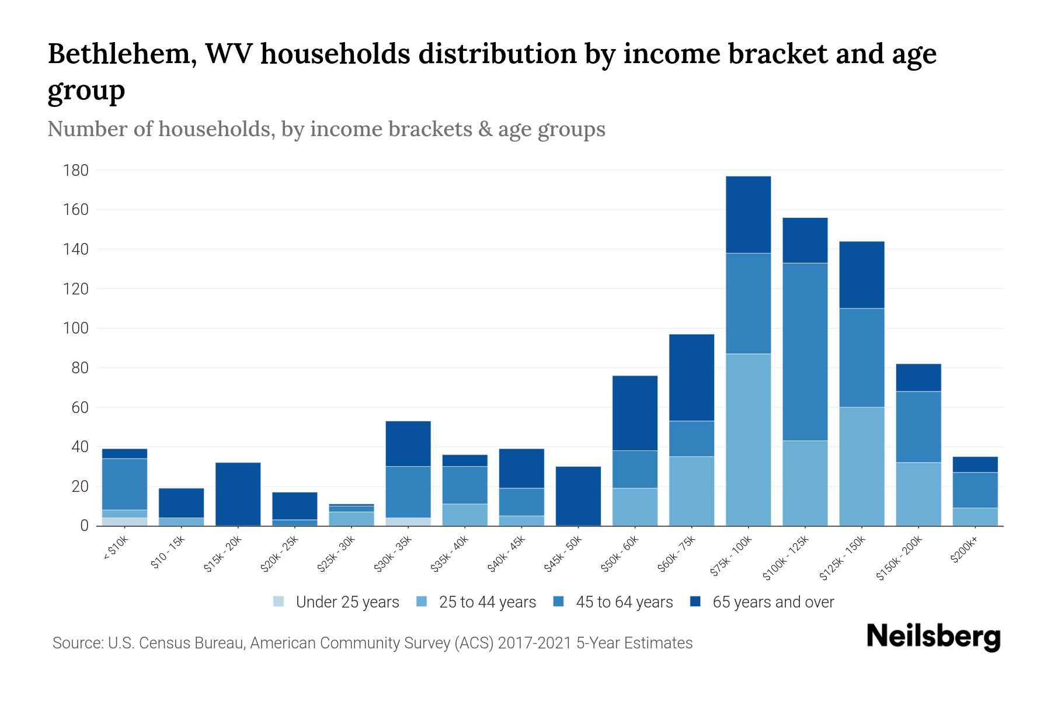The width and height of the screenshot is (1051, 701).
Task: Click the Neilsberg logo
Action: pyautogui.click(x=933, y=637)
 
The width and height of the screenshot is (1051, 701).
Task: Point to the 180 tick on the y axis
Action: pyautogui.click(x=76, y=171)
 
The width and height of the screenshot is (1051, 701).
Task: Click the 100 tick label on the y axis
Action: pyautogui.click(x=76, y=328)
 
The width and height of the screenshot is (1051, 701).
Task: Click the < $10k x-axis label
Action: pyautogui.click(x=115, y=549)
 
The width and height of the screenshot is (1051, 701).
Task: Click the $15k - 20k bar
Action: pyautogui.click(x=238, y=494)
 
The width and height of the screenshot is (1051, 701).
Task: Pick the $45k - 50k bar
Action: pyautogui.click(x=578, y=496)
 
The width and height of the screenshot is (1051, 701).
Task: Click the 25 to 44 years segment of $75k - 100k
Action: pyautogui.click(x=748, y=439)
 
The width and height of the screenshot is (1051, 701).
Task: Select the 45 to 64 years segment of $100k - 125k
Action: pyautogui.click(x=805, y=352)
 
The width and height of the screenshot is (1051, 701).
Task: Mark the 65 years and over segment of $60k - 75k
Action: pyautogui.click(x=691, y=377)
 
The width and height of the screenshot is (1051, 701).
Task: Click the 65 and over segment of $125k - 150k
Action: pyautogui.click(x=861, y=275)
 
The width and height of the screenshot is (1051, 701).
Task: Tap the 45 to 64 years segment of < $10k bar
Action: pyautogui.click(x=124, y=484)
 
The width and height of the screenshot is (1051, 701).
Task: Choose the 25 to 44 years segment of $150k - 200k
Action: pyautogui.click(x=918, y=494)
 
